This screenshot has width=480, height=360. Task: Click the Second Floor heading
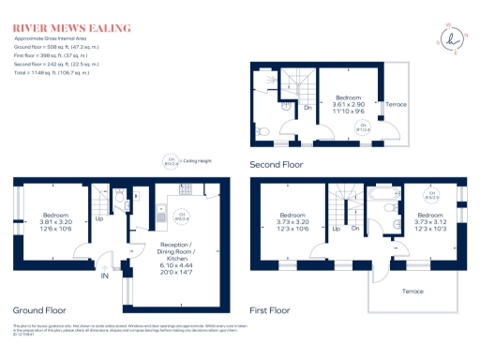coord(277,164)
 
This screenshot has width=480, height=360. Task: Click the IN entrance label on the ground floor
coord(105,277)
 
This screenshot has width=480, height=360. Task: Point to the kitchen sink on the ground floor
coord(161,200)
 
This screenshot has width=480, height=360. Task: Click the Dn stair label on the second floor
coord(307,106)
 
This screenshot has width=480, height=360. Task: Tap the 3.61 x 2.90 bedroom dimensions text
coord(351,104)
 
